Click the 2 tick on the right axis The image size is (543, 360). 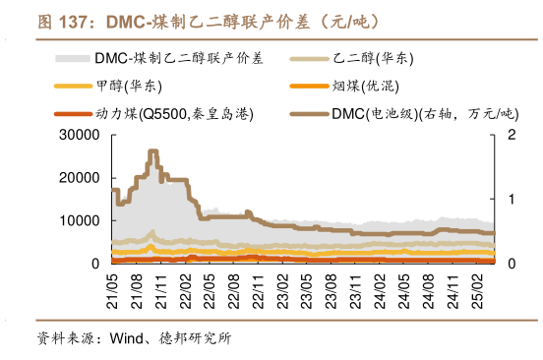pyautogui.click(x=509, y=135)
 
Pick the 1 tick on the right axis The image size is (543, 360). pyautogui.click(x=509, y=200)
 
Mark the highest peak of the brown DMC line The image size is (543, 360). pyautogui.click(x=152, y=151)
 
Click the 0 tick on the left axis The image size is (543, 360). pyautogui.click(x=96, y=264)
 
